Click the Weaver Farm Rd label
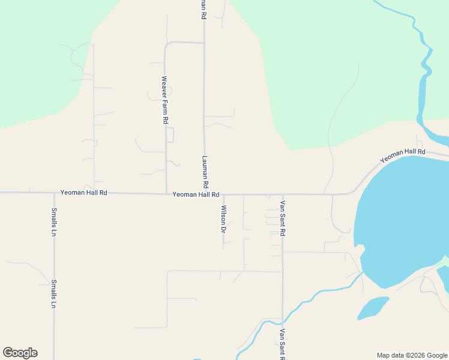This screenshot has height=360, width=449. (x=164, y=100)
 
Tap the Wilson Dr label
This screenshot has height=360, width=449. (x=223, y=219)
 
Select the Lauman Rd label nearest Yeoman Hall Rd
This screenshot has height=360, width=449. (x=205, y=170)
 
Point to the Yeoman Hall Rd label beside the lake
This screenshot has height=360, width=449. (x=402, y=156)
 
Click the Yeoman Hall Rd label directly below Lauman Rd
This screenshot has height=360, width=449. (x=196, y=194)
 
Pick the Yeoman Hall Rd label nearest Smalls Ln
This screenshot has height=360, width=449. (x=83, y=193)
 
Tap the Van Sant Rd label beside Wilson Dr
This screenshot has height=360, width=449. (x=282, y=218)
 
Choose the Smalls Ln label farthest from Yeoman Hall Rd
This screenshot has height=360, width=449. (x=54, y=294)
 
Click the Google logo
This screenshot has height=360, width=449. (x=20, y=353)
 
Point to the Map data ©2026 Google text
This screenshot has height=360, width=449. (x=411, y=355)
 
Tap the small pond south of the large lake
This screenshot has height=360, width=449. (x=373, y=307)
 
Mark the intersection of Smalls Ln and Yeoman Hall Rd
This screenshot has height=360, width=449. (x=54, y=193)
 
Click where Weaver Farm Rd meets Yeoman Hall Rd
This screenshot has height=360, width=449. (x=166, y=193)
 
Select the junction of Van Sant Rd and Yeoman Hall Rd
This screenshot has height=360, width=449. (x=282, y=194)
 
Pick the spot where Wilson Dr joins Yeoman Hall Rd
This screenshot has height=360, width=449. (x=223, y=194)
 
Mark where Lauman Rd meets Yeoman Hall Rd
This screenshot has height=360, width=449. (x=205, y=194)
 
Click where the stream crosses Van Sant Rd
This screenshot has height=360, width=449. (x=282, y=319)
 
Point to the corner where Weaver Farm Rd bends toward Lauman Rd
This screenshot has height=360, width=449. (x=166, y=43)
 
